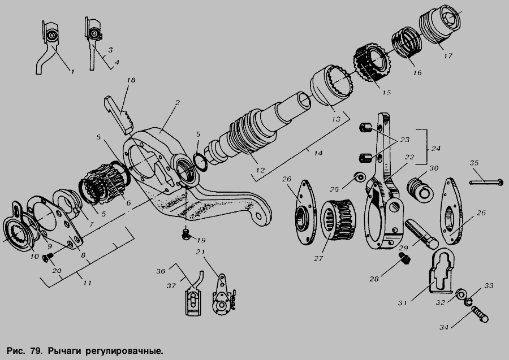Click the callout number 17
point(448,56)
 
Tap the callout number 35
point(474,163)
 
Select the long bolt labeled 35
point(486,182)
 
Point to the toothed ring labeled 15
point(372,63)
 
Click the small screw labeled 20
point(48,258)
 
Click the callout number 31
point(403,303)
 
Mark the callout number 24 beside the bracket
point(436,148)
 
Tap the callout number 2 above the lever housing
point(177,102)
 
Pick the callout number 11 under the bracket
point(87,283)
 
